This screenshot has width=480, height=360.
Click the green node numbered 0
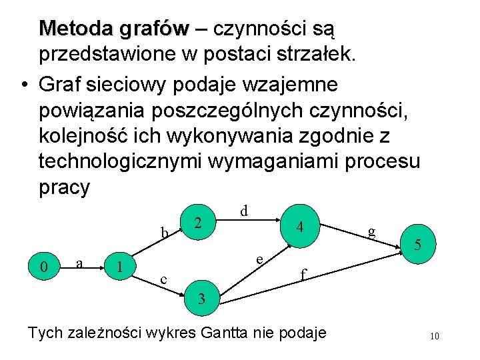44,267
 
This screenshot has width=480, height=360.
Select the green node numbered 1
119,267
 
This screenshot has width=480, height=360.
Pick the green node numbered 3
201,298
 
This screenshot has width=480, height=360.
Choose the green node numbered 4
301,227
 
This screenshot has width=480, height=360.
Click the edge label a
80,263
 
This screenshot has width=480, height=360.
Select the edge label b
164,233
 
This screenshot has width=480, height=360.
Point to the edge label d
245,211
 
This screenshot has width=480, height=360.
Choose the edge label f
303,274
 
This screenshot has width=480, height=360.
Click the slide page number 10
435,336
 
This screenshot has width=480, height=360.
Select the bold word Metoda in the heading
79,29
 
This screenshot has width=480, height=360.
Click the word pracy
64,187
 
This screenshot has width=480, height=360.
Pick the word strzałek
313,55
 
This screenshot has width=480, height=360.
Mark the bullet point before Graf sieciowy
24,85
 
